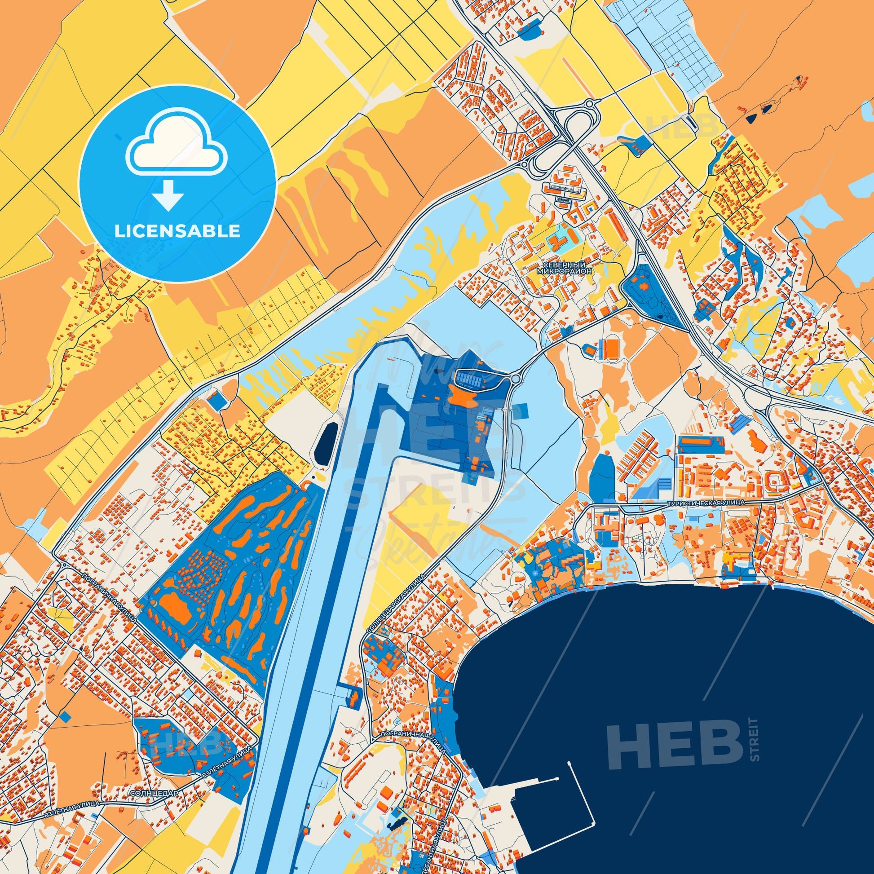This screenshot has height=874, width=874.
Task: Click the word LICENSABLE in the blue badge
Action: pos(177,231)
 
